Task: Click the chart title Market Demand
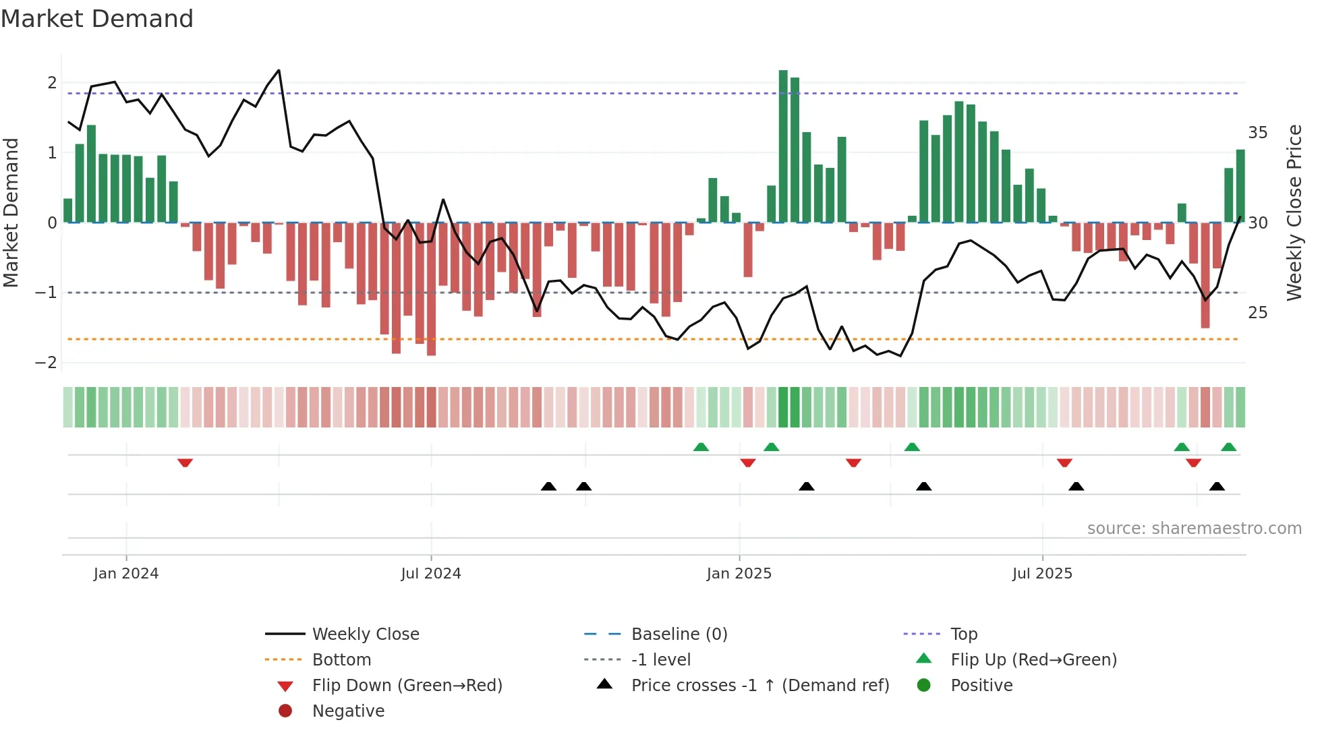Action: (x=97, y=19)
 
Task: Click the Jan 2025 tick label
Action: (x=739, y=574)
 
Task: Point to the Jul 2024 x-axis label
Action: (x=430, y=574)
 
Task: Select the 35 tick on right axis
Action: (x=1257, y=133)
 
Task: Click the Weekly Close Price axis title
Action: (x=1294, y=212)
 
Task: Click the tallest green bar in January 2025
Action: (x=783, y=145)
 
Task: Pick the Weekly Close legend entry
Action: (x=365, y=634)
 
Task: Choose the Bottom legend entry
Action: (x=341, y=660)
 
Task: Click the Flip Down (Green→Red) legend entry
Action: (x=407, y=686)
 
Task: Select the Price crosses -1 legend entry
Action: (x=759, y=686)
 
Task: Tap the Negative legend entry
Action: (x=348, y=711)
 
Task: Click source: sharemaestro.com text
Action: (x=1194, y=529)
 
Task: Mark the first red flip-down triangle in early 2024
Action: (x=185, y=463)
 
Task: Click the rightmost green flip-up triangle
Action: (x=1228, y=447)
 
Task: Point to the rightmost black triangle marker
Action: (x=1217, y=486)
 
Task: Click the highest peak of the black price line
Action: (x=279, y=70)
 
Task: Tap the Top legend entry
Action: (x=963, y=634)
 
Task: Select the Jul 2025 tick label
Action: (x=1041, y=574)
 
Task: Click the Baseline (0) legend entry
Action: (x=679, y=634)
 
